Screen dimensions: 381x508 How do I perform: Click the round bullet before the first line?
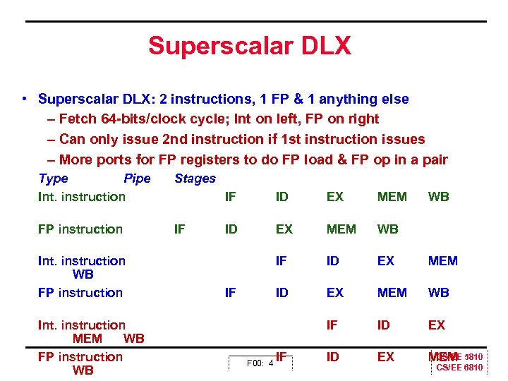click(25, 99)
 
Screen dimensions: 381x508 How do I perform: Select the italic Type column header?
click(54, 179)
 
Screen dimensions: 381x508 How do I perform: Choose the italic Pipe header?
click(137, 179)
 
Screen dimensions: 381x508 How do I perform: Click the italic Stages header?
click(195, 179)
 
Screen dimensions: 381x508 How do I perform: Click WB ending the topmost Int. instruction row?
click(438, 197)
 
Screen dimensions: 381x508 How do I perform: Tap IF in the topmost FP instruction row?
click(180, 229)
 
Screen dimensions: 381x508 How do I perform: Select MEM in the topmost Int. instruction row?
click(392, 197)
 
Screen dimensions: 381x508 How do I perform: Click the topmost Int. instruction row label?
click(81, 197)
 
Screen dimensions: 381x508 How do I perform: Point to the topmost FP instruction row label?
click(80, 229)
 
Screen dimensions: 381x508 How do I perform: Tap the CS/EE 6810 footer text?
click(459, 368)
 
